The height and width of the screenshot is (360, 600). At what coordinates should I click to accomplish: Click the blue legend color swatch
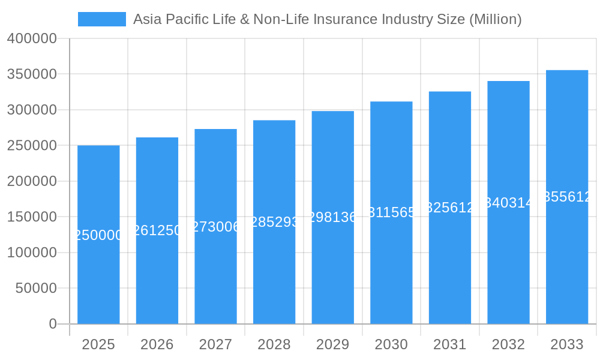pyautogui.click(x=102, y=19)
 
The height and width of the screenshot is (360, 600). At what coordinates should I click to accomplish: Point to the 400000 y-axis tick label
pyautogui.click(x=32, y=39)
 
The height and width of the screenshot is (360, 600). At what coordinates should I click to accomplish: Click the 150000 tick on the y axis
pyautogui.click(x=32, y=217)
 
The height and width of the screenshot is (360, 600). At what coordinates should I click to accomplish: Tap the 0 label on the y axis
pyautogui.click(x=53, y=324)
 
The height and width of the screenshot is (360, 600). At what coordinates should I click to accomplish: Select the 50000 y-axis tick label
pyautogui.click(x=35, y=288)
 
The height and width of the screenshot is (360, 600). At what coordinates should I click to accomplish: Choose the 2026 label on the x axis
pyautogui.click(x=157, y=344)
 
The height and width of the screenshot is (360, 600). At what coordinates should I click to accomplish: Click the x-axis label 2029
pyautogui.click(x=332, y=344)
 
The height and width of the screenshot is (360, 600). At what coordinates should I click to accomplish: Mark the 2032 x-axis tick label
pyautogui.click(x=508, y=344)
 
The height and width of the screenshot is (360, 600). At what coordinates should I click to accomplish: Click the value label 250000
pyautogui.click(x=98, y=235)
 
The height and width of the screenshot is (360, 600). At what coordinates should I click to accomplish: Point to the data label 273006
pyautogui.click(x=215, y=227)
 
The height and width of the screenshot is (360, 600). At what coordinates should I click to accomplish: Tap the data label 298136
pyautogui.click(x=332, y=217)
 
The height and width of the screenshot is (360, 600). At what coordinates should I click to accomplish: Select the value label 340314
pyautogui.click(x=508, y=203)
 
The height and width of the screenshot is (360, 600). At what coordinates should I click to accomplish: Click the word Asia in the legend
pyautogui.click(x=146, y=19)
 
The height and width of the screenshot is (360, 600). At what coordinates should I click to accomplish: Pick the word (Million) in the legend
pyautogui.click(x=495, y=19)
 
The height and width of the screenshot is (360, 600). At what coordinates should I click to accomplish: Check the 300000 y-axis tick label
pyautogui.click(x=32, y=110)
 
